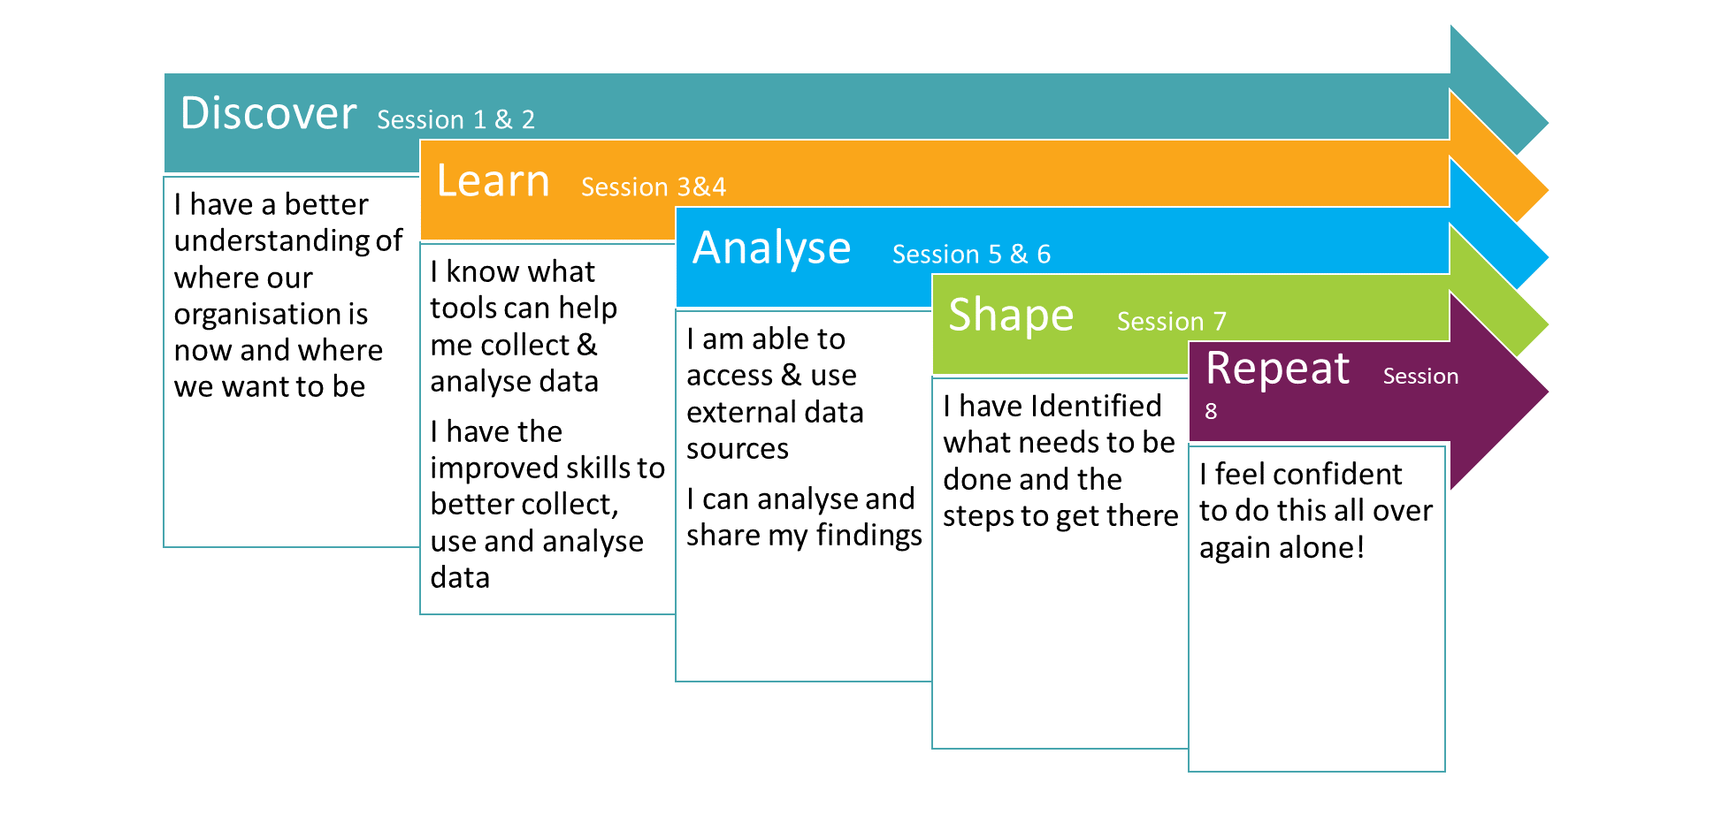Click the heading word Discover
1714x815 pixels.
268,113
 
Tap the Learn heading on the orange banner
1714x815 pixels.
493,181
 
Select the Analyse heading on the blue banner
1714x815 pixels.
771,248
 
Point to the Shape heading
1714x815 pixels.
1011,316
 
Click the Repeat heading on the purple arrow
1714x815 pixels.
1277,369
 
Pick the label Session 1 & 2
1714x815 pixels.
455,119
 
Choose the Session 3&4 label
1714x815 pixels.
654,187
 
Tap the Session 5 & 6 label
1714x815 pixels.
971,254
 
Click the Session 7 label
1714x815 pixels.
1171,321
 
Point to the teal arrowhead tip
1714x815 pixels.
1548,123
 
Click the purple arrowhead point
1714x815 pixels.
1548,391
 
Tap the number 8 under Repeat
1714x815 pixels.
1211,411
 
